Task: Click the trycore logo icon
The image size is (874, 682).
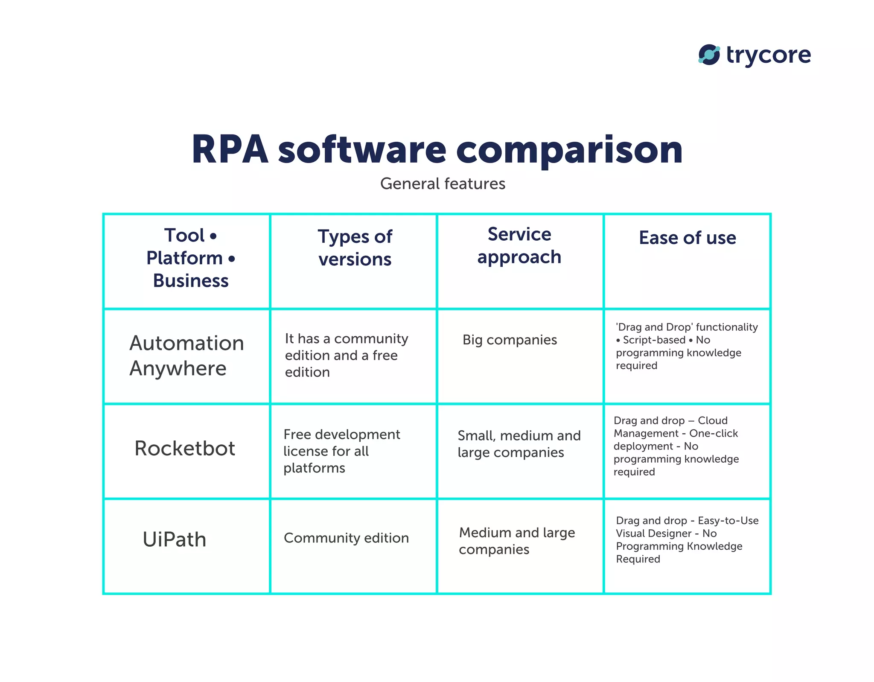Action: tap(709, 55)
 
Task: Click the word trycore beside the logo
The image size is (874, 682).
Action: tap(768, 55)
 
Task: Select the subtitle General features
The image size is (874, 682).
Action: tap(443, 184)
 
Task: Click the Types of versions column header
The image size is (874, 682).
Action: tap(355, 248)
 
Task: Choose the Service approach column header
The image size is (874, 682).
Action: tap(519, 245)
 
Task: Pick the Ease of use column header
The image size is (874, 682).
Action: tap(687, 238)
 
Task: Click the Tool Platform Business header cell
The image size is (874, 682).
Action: tap(190, 258)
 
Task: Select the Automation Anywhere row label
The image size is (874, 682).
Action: tap(186, 356)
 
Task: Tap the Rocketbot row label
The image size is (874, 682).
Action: tap(185, 448)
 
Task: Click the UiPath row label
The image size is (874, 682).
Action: tap(175, 539)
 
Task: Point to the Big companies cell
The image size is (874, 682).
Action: tap(510, 340)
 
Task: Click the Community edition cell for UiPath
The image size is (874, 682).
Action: tap(346, 538)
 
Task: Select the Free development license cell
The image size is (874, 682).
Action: tap(341, 451)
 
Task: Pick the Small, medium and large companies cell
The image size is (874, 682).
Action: tap(519, 444)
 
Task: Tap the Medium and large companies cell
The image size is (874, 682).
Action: tap(517, 541)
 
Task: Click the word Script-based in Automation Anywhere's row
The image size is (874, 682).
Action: tap(654, 340)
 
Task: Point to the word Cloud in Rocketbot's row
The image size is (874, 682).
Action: tap(713, 420)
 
